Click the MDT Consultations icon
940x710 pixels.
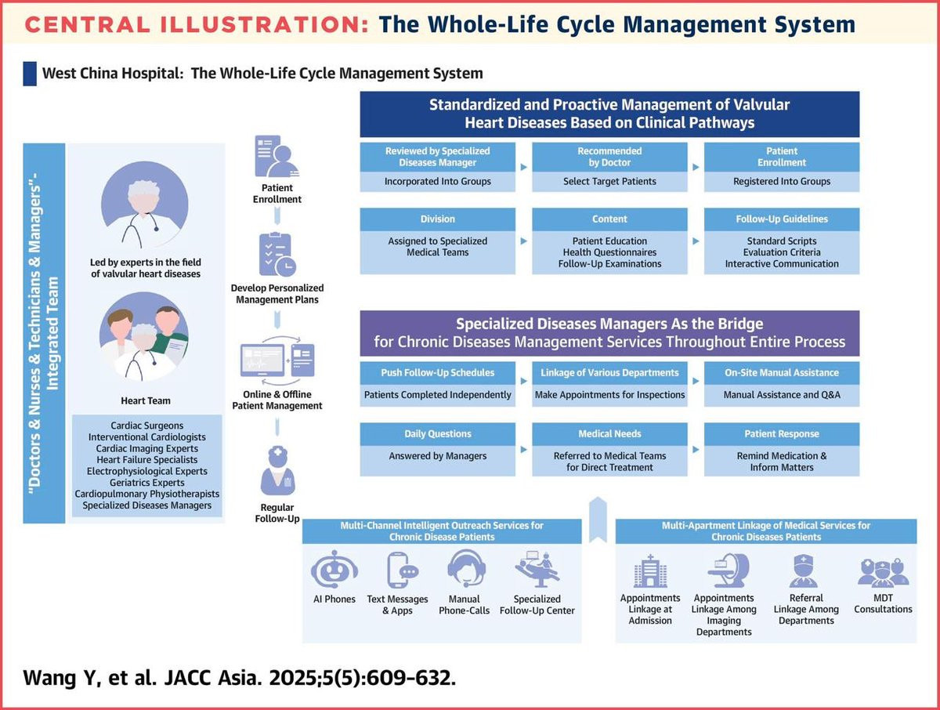pyautogui.click(x=883, y=573)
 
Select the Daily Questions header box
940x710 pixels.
pyautogui.click(x=438, y=433)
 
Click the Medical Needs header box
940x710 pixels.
pyautogui.click(x=609, y=433)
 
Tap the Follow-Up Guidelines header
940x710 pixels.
pyautogui.click(x=781, y=219)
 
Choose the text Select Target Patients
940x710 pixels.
pyautogui.click(x=609, y=181)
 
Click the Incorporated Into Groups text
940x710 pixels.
pyautogui.click(x=438, y=181)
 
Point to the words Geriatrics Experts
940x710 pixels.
pyautogui.click(x=147, y=483)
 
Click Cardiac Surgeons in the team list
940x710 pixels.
pyautogui.click(x=147, y=426)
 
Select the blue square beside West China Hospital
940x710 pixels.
pyautogui.click(x=30, y=74)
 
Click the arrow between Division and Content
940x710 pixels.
pyautogui.click(x=523, y=241)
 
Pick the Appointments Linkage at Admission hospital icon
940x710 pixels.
pyautogui.click(x=649, y=571)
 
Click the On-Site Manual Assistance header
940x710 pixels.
pyautogui.click(x=781, y=372)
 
